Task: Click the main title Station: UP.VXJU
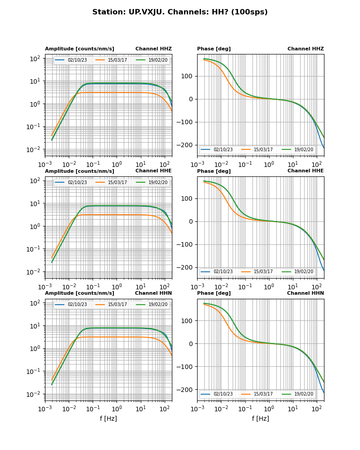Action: click(x=180, y=12)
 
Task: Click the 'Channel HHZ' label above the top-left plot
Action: click(x=153, y=49)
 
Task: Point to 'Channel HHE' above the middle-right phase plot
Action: click(x=306, y=171)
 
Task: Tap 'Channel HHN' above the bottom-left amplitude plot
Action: click(x=153, y=293)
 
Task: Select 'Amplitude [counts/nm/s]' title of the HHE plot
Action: click(x=80, y=171)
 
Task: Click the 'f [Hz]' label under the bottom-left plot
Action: click(x=108, y=418)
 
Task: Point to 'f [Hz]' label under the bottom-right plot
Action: click(x=261, y=418)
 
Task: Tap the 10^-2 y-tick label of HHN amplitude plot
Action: click(x=36, y=394)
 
